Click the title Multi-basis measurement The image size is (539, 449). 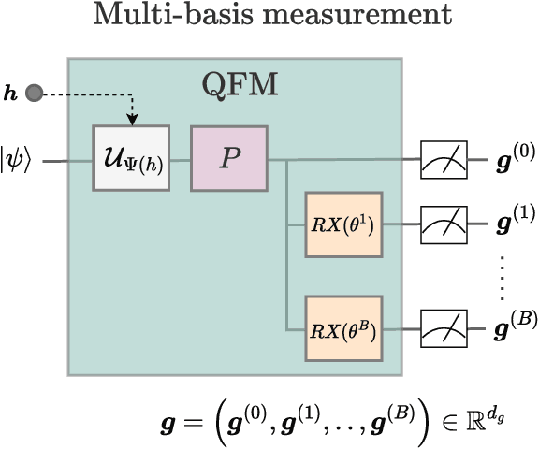[269, 16]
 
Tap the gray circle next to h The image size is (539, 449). [35, 93]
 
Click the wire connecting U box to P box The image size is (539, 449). [181, 160]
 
